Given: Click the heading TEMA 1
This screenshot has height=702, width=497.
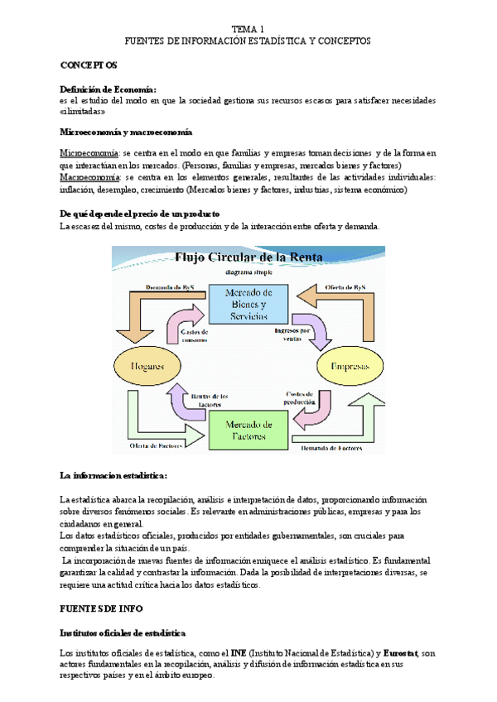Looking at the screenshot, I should [x=248, y=29].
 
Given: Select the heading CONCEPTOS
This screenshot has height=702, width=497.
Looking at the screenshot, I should [x=89, y=65].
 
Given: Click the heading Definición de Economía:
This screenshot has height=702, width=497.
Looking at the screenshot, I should [x=108, y=89].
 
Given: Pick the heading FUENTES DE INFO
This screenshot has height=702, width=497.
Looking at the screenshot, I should [x=102, y=608].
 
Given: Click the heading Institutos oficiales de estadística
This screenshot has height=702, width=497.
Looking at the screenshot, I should [x=123, y=632].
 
